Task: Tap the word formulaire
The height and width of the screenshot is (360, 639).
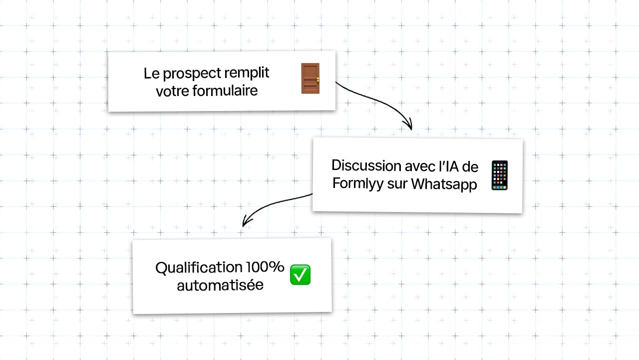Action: pyautogui.click(x=225, y=90)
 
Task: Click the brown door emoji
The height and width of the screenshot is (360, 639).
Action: pyautogui.click(x=311, y=78)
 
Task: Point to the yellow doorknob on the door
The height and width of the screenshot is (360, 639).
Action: pyautogui.click(x=318, y=79)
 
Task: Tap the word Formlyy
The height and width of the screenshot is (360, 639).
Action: pyautogui.click(x=358, y=183)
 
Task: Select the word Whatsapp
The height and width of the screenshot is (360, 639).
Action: pyautogui.click(x=444, y=184)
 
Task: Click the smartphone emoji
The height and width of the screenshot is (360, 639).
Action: pyautogui.click(x=500, y=175)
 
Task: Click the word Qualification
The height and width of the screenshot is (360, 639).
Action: pyautogui.click(x=199, y=268)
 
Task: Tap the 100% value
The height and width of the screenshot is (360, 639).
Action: pyautogui.click(x=265, y=267)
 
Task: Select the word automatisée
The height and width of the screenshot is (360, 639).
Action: pyautogui.click(x=220, y=285)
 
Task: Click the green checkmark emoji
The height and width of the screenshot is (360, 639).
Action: pyautogui.click(x=300, y=274)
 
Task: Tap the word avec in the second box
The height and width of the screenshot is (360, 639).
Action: pyautogui.click(x=420, y=166)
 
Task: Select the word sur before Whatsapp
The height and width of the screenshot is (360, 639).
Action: pyautogui.click(x=397, y=184)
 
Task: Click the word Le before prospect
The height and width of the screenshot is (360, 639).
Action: pyautogui.click(x=151, y=73)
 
